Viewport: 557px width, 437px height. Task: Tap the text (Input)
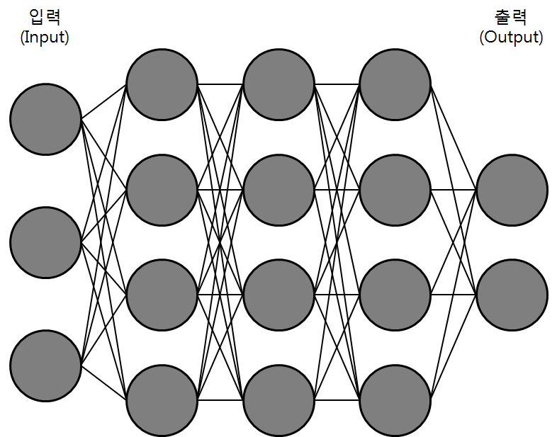point(45,38)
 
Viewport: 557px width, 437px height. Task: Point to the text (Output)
point(511,38)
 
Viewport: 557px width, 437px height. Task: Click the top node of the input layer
point(45,119)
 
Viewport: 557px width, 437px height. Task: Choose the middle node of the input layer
point(45,242)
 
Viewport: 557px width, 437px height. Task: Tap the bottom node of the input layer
point(45,365)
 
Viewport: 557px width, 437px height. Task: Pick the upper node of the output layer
point(512,190)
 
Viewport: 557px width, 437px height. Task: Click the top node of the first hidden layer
point(162,85)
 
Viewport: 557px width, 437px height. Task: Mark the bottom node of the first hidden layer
point(162,399)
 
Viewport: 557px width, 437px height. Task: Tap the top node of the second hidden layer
point(278,85)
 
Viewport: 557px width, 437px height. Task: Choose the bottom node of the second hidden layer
point(278,399)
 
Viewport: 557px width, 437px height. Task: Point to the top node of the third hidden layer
point(395,85)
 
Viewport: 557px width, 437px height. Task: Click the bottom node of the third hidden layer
point(395,399)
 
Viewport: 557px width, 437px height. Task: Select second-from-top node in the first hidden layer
point(162,190)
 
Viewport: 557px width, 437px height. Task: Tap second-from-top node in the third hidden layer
point(395,190)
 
